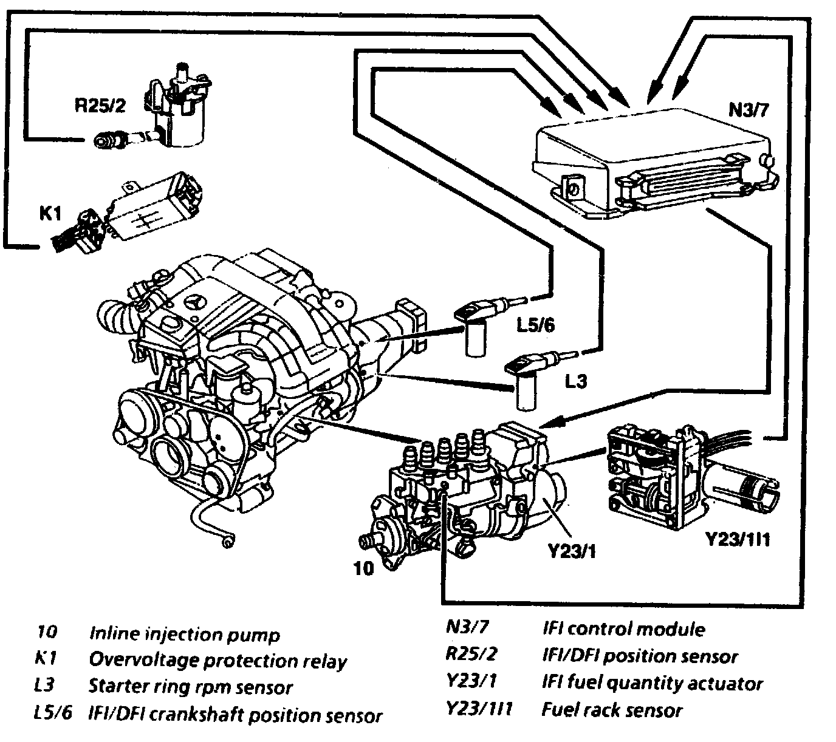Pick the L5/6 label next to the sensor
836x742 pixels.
point(535,325)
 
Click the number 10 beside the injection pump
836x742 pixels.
point(363,568)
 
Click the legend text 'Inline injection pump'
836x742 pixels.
point(185,635)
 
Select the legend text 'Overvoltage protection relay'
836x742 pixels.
point(218,660)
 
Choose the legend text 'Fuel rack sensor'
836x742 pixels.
point(612,710)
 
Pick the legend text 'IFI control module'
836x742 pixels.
point(623,629)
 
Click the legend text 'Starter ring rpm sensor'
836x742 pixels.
point(191,687)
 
